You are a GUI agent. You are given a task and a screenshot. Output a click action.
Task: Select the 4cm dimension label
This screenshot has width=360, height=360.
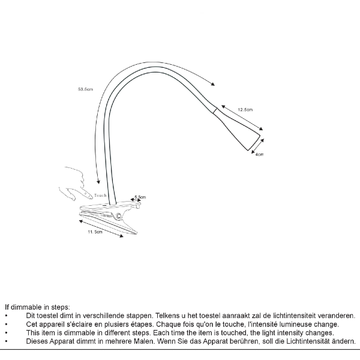pos(259,154)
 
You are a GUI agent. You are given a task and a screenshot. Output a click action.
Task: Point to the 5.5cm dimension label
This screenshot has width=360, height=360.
pos(140,197)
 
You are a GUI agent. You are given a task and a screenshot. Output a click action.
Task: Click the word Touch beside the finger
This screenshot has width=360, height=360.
pos(100,195)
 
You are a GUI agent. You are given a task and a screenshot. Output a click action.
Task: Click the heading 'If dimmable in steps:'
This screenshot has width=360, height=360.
pos(37,307)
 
